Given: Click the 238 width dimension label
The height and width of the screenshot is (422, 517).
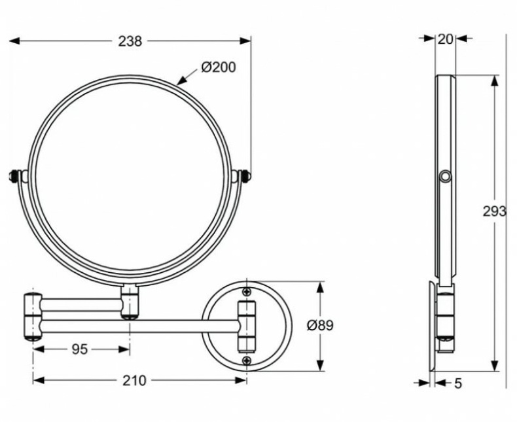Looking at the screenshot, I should (x=130, y=41).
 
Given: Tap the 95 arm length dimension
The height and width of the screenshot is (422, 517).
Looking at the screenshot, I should (x=79, y=349).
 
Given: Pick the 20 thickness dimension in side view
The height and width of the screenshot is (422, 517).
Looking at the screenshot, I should (x=445, y=39).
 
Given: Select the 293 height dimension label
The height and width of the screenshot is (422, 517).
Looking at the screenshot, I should (x=495, y=211).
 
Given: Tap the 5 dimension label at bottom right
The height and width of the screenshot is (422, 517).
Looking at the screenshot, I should (x=457, y=383).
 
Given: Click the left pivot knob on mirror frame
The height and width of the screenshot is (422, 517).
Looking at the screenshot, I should (x=14, y=176).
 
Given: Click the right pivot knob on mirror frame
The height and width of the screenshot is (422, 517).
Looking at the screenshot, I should (x=246, y=176).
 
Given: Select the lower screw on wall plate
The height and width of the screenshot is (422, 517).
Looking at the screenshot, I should (x=247, y=360).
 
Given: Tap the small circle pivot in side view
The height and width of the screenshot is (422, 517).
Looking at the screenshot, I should (x=446, y=177).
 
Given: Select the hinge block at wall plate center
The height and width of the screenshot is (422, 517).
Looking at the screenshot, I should (x=246, y=326).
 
